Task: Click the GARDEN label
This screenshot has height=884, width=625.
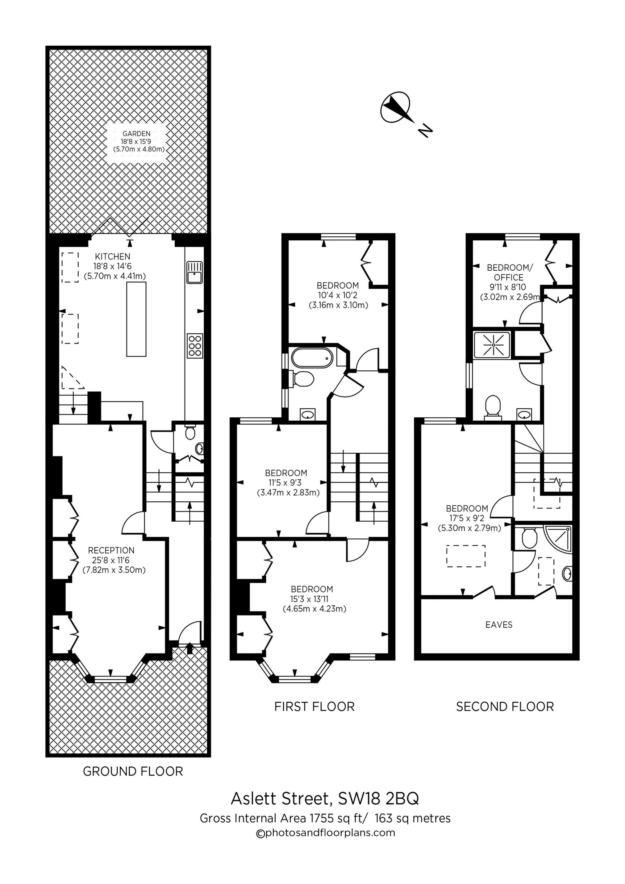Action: (136, 134)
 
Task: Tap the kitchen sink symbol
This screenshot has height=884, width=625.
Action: (194, 272)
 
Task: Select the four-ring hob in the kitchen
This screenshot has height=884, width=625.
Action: (195, 345)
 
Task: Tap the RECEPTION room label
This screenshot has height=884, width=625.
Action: (111, 551)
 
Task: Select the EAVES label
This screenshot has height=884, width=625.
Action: (499, 624)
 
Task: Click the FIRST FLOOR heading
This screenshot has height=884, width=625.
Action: (314, 707)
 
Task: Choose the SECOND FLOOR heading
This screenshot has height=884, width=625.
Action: (505, 707)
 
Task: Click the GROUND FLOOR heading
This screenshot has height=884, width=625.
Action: (133, 771)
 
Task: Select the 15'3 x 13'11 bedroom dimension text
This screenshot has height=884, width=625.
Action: (312, 599)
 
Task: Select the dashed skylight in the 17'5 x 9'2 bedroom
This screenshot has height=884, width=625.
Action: (465, 556)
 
